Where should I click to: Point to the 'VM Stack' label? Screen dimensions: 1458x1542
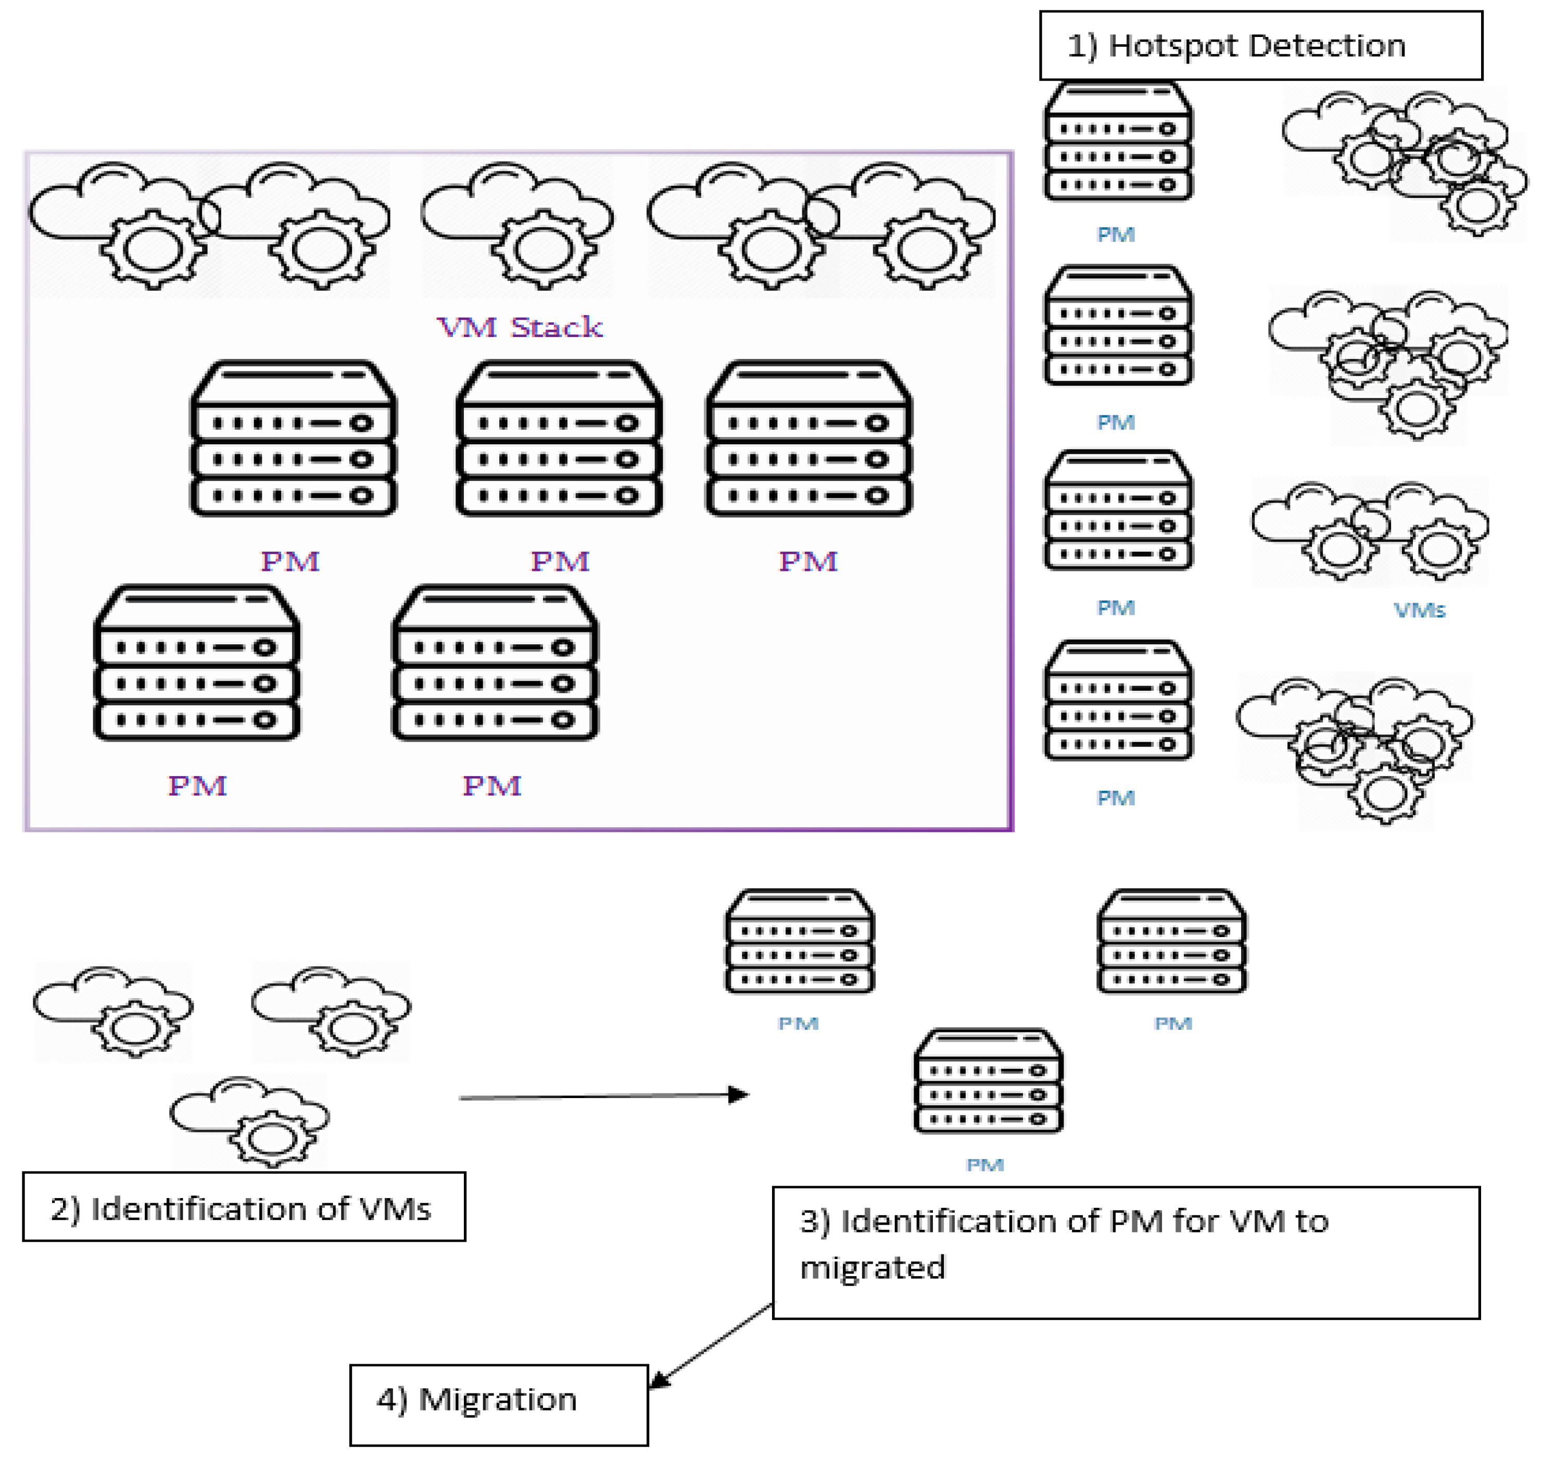519,327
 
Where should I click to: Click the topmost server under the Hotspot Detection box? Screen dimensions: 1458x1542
1117,142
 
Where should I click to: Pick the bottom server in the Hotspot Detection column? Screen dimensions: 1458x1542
1117,701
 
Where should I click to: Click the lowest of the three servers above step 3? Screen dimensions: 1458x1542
988,1082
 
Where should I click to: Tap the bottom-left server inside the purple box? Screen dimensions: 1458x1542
197,664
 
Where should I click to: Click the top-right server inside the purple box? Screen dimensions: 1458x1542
808,439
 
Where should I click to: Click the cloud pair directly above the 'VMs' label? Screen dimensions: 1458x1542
1370,532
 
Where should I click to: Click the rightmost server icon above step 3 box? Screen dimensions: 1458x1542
1171,942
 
